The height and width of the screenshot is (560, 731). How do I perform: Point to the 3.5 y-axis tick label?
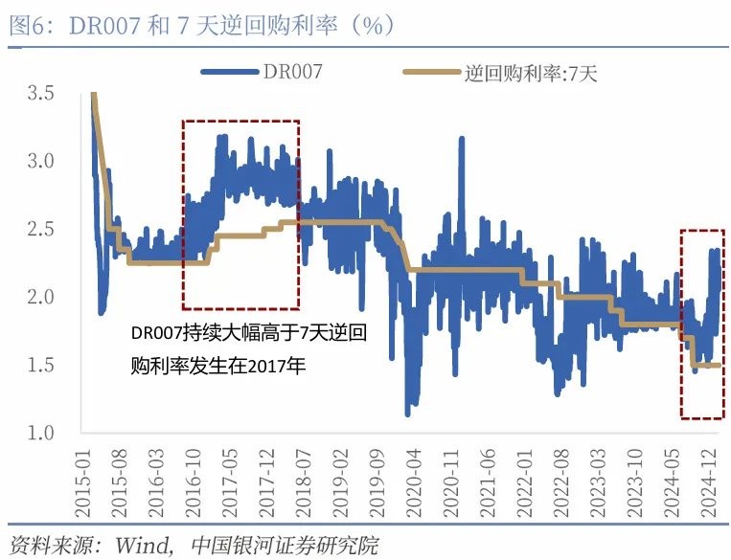[x=39, y=93]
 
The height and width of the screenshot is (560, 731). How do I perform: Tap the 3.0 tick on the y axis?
[x=39, y=161]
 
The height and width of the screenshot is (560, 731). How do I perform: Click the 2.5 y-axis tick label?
[x=39, y=229]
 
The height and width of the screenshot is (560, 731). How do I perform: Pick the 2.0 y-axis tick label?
[x=39, y=297]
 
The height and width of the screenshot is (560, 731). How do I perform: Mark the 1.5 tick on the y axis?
[x=39, y=366]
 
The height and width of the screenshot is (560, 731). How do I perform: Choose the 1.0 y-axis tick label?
[x=39, y=434]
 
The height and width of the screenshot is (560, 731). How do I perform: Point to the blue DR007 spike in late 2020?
[x=461, y=140]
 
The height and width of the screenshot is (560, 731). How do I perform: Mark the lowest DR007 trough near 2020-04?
[x=407, y=414]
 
